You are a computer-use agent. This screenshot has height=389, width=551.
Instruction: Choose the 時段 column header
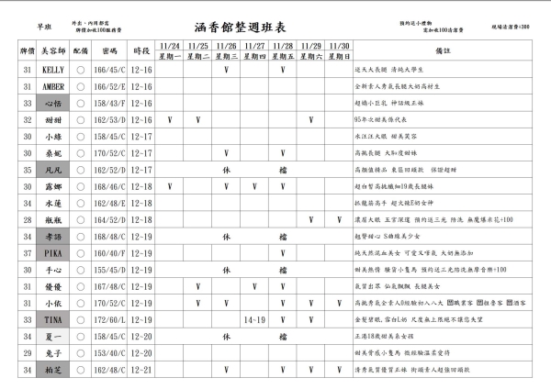pos(141,51)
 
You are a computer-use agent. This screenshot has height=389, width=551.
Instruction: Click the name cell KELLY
pos(53,69)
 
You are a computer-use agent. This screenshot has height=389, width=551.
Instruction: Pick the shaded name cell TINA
pos(53,320)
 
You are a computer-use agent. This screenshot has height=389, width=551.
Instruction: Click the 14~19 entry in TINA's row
pos(255,320)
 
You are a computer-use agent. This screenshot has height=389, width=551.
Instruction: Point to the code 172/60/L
pos(110,320)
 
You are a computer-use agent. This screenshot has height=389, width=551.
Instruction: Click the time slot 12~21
pos(141,371)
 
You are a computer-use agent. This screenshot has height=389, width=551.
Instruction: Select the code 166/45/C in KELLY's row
pos(110,69)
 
